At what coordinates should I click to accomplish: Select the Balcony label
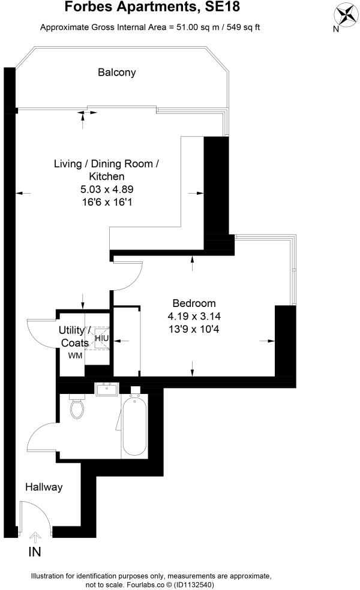click(x=117, y=73)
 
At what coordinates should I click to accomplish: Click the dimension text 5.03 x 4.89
click(x=107, y=189)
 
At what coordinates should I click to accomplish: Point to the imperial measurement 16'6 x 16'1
click(x=107, y=203)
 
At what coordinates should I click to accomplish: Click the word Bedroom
click(x=194, y=303)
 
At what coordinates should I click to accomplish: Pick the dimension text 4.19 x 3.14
click(x=194, y=316)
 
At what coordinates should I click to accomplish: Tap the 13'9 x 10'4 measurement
click(x=194, y=329)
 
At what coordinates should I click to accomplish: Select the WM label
click(x=74, y=356)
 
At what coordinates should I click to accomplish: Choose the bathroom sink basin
click(x=108, y=390)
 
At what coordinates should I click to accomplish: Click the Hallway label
click(x=44, y=487)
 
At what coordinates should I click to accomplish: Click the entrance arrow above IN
click(x=34, y=537)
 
